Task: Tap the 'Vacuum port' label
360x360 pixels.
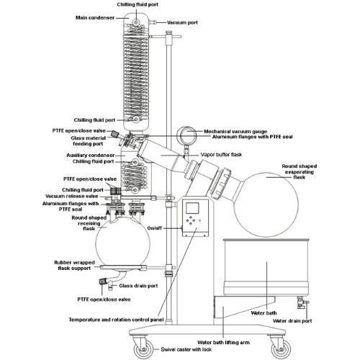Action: pyautogui.click(x=184, y=23)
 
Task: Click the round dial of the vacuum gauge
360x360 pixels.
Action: pyautogui.click(x=188, y=134)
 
